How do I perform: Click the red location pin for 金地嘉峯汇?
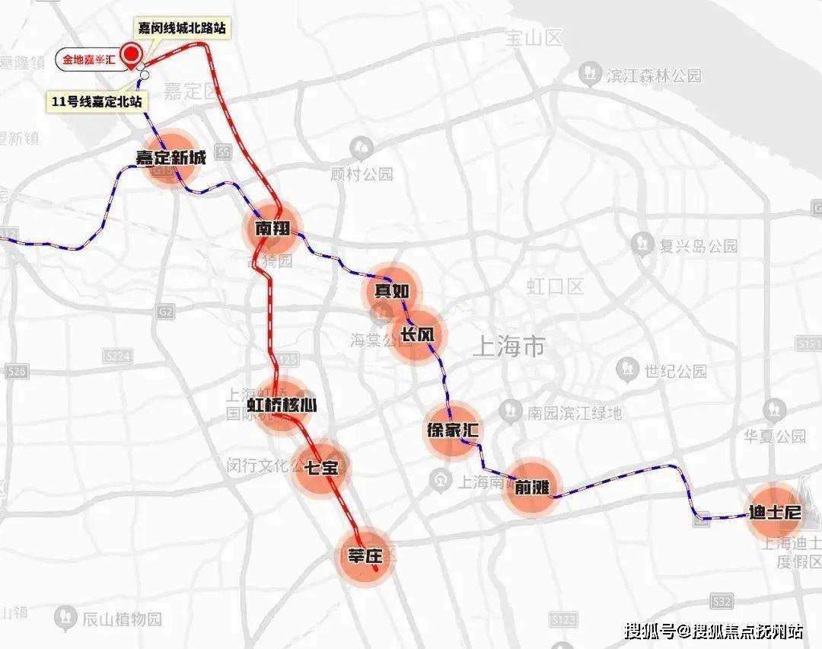tap(132, 55)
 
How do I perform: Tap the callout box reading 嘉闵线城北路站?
tap(181, 27)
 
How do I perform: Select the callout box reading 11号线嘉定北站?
tap(96, 101)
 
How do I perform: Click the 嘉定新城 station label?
tap(170, 158)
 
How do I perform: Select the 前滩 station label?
tap(531, 488)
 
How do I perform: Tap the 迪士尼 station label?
tap(775, 512)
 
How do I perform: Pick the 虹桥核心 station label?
tap(282, 404)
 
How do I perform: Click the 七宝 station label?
tap(321, 467)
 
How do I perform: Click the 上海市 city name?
tap(508, 347)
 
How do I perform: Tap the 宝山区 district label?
tap(532, 37)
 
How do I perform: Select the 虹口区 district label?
tap(555, 286)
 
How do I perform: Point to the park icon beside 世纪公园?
tap(628, 370)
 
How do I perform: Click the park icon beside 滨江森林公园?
tap(588, 75)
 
